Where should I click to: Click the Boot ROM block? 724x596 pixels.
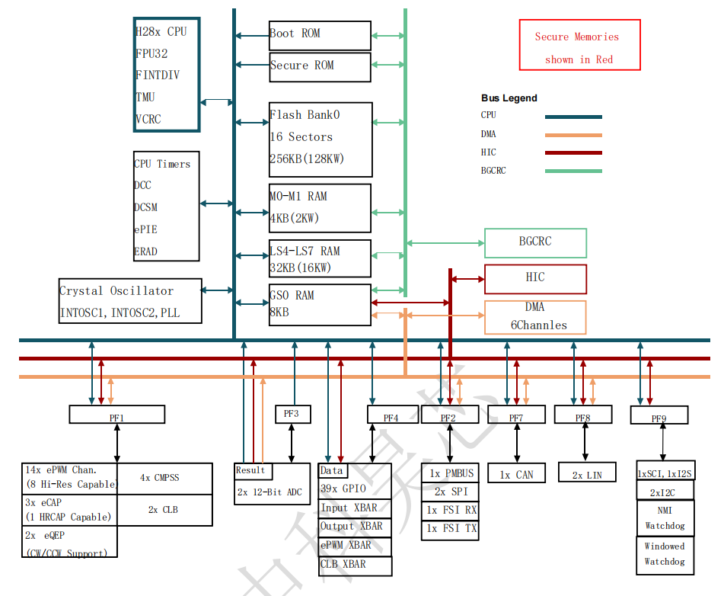[320, 35]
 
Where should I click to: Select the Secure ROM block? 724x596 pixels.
[320, 67]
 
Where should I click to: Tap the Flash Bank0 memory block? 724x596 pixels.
[320, 139]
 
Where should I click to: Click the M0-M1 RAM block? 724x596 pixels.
[320, 207]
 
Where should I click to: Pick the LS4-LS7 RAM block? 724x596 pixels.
[320, 259]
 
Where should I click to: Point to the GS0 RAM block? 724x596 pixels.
[320, 304]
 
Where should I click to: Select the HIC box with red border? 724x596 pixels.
[535, 279]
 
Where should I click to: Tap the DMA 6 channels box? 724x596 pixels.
[535, 317]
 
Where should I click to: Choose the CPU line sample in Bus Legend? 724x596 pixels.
[573, 117]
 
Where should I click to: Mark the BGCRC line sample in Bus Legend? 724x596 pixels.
[573, 171]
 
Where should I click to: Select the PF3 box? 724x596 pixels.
[292, 414]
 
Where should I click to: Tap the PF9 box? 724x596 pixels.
[659, 415]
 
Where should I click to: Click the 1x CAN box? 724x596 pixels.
[516, 473]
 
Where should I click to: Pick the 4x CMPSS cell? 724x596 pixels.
[164, 479]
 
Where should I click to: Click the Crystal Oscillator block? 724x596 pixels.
[130, 301]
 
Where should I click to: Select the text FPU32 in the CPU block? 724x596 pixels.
[151, 54]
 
